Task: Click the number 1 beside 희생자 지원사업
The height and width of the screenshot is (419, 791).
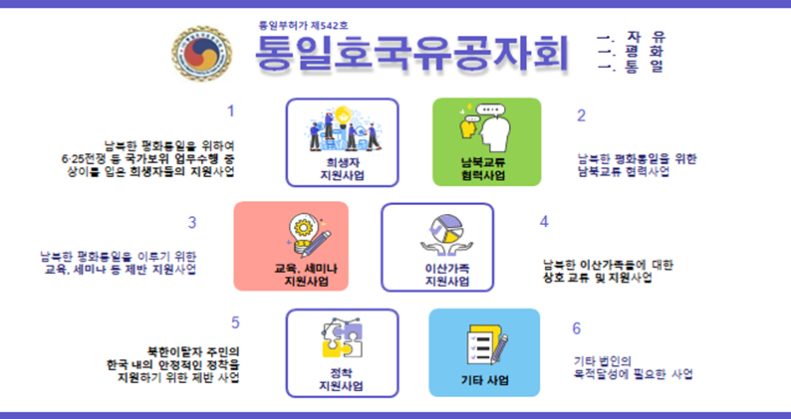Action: pos(231,110)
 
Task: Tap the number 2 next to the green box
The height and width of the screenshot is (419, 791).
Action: pos(581,114)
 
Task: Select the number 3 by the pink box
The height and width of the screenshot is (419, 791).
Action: pos(192,222)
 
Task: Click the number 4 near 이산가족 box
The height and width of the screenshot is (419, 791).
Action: pos(544,221)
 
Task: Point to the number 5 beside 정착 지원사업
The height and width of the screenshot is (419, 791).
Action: pos(235,322)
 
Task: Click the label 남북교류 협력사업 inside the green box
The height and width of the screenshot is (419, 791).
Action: pos(484,167)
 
